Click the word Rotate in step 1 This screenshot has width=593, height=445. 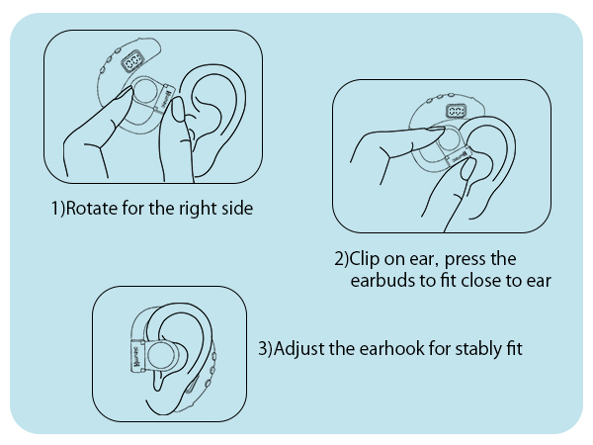[x=88, y=210]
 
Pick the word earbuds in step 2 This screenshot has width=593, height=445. [x=381, y=281]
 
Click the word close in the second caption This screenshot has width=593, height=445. [x=488, y=281]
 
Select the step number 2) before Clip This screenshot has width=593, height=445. [x=341, y=260]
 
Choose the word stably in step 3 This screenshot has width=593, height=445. [x=483, y=349]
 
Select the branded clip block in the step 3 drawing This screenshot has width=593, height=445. [x=136, y=357]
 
